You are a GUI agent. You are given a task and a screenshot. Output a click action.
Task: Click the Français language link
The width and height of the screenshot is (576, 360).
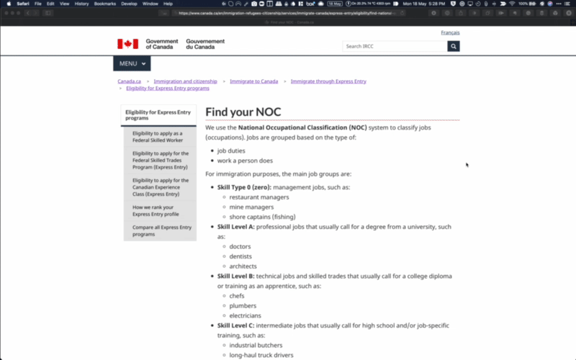click(450, 32)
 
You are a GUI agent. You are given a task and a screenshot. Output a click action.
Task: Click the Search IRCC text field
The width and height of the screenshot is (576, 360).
click(395, 46)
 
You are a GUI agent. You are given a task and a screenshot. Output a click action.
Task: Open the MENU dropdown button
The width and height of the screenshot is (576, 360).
click(132, 63)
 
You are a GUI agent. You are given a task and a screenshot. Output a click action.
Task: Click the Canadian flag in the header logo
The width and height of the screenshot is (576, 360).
click(127, 44)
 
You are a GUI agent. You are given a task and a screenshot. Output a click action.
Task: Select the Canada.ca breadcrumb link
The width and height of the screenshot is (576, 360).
click(130, 81)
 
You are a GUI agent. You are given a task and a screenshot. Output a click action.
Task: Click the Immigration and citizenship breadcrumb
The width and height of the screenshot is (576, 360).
click(185, 81)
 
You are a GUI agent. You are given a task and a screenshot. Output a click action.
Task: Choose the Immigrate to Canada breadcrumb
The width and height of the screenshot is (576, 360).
click(253, 81)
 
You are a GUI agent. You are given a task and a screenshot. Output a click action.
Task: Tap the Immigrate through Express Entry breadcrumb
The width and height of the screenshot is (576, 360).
click(328, 81)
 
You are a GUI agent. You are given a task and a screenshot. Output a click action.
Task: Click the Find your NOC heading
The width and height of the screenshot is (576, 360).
click(243, 112)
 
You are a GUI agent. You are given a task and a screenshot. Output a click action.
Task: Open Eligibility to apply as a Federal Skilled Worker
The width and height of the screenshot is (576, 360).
click(158, 137)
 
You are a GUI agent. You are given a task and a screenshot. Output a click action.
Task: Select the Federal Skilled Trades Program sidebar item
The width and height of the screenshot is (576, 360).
click(161, 160)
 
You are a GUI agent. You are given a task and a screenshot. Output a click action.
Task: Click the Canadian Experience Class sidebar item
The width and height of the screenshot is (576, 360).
click(161, 187)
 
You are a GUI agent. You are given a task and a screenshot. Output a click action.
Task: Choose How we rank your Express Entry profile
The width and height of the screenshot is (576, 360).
click(156, 210)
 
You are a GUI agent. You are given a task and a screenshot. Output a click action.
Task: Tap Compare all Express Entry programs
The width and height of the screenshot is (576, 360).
click(162, 230)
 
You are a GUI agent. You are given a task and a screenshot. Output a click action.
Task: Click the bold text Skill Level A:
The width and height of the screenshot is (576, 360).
click(236, 227)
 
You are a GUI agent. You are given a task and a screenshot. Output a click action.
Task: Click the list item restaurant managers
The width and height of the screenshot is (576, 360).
click(259, 197)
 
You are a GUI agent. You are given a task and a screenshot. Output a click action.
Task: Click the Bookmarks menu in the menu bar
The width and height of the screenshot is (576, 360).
click(104, 4)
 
